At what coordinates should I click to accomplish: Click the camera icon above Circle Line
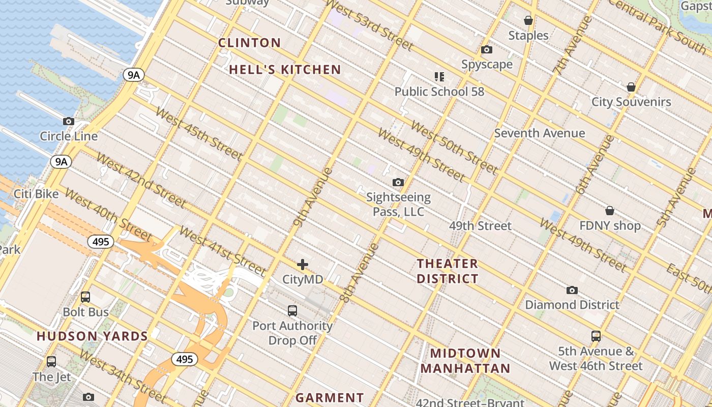[x=69, y=122]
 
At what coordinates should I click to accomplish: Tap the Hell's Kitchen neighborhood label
[x=285, y=70]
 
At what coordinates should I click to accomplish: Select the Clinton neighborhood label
[x=249, y=43]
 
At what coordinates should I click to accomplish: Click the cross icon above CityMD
[x=303, y=265]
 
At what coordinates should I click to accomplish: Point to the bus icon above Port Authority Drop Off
[x=292, y=310]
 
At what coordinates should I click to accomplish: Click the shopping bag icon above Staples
[x=528, y=20]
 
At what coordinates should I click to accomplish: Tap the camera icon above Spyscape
[x=487, y=50]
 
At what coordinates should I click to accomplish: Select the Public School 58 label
[x=439, y=92]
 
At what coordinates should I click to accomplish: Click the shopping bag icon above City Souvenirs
[x=631, y=87]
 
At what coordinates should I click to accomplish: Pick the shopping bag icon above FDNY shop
[x=610, y=211]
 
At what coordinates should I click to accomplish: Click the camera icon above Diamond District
[x=572, y=290]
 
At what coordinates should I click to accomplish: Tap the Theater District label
[x=448, y=271]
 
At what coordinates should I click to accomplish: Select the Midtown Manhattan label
[x=465, y=361]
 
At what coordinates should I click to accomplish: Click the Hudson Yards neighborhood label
[x=92, y=336]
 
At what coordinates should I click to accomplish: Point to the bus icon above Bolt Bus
[x=85, y=297]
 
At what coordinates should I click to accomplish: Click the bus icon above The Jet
[x=51, y=362]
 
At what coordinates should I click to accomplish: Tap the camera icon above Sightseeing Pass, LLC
[x=398, y=182]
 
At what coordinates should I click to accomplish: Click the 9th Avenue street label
[x=313, y=197]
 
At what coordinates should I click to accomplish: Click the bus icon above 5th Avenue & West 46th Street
[x=596, y=336]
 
